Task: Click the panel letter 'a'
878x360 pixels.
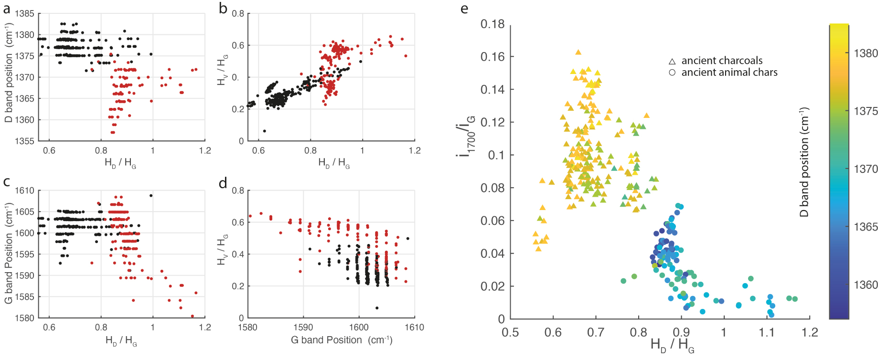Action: pos(7,9)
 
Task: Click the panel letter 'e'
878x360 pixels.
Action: pos(464,9)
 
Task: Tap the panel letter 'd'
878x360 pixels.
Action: pos(223,183)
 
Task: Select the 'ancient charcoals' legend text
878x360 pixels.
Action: pos(721,61)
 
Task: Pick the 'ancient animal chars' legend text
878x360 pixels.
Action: pos(729,73)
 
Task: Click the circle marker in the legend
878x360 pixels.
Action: pos(672,73)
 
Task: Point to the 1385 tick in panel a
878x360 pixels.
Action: pos(25,13)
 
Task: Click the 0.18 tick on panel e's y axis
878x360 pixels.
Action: pos(493,24)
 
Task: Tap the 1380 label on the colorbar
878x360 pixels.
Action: pos(866,53)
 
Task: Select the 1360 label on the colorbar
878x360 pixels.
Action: pos(866,285)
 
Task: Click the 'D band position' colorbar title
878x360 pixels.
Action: pos(804,162)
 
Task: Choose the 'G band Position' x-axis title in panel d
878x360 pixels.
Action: pos(341,340)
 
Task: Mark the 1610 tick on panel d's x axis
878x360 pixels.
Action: pos(414,328)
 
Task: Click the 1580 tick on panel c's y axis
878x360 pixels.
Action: pos(25,318)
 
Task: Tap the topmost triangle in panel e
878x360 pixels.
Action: pos(578,53)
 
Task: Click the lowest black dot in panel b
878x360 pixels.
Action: pos(265,131)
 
